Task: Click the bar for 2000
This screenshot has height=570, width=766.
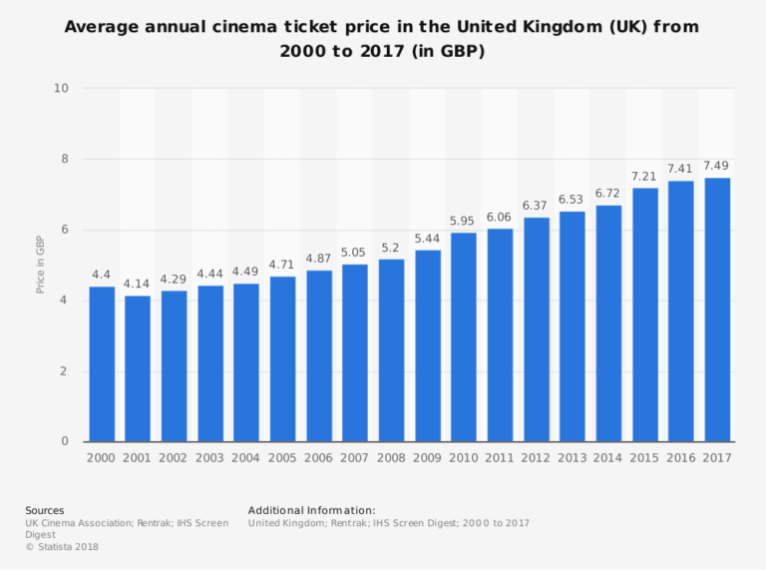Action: tap(102, 364)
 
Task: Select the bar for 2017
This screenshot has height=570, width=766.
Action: tap(717, 309)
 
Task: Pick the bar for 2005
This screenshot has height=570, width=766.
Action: tap(282, 358)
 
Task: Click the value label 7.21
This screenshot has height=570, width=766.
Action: tap(644, 176)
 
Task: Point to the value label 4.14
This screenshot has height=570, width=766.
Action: tap(138, 284)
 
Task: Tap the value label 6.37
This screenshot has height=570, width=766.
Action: tap(536, 206)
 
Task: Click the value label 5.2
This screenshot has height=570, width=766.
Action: tap(391, 247)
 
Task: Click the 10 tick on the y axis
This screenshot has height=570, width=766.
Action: tap(62, 88)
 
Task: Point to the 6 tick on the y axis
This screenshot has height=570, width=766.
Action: tap(65, 230)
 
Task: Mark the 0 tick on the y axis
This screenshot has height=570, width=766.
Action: tap(65, 441)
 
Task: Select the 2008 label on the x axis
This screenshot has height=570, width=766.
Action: tap(391, 458)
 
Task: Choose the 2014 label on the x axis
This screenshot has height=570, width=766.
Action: tap(608, 458)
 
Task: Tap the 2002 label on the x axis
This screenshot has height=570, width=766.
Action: tap(174, 458)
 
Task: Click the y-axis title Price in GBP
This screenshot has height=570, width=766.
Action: tap(41, 265)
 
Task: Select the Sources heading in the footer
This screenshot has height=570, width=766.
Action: tap(45, 510)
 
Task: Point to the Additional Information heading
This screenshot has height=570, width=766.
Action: tap(311, 510)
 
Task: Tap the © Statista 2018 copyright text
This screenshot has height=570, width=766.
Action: tap(62, 546)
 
